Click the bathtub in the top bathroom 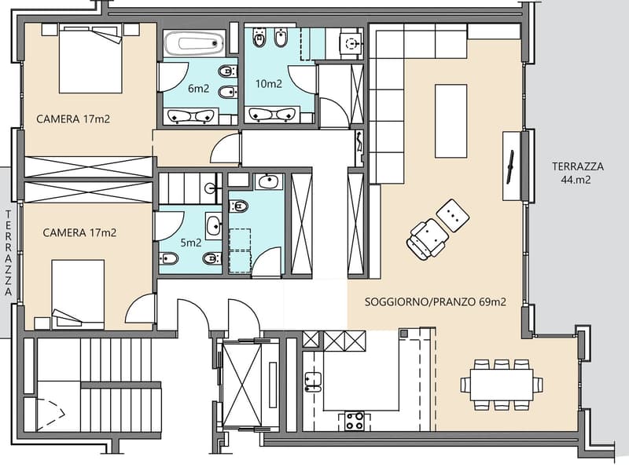pos(193,43)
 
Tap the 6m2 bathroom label pos(199,88)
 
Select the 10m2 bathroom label pos(269,84)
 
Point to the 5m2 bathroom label pos(191,243)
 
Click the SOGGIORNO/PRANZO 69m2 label pos(436,301)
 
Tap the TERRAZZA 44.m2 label pos(578,173)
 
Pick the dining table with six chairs pos(502,385)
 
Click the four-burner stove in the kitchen pos(355,421)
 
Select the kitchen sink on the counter pos(313,382)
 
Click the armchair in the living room pos(427,239)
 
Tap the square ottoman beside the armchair pos(453,215)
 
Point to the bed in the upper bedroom pos(90,58)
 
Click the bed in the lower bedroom pos(78,294)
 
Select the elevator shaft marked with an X pos(242,385)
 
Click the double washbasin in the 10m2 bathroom pos(272,115)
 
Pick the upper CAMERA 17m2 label pos(73,119)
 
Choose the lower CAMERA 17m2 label pos(79,232)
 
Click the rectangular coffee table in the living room pos(451,121)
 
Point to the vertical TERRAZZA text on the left pos(9,253)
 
